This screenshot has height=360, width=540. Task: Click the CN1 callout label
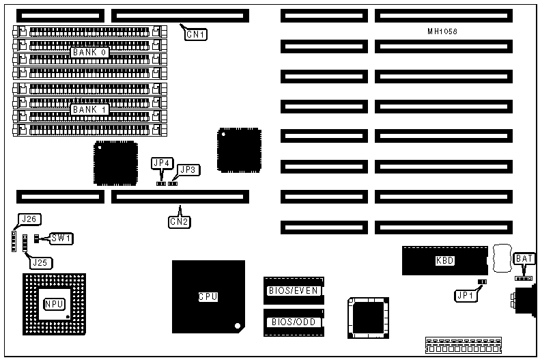pyautogui.click(x=196, y=33)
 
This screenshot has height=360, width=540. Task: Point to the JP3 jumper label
pyautogui.click(x=186, y=170)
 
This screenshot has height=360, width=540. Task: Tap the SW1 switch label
pyautogui.click(x=61, y=238)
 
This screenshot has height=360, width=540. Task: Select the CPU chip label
pyautogui.click(x=208, y=297)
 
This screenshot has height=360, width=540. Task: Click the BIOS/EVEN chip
pyautogui.click(x=294, y=290)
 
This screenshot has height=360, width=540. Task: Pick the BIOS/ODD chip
pyautogui.click(x=294, y=322)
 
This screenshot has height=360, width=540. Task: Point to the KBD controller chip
pyautogui.click(x=444, y=261)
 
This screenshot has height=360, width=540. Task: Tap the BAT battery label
pyautogui.click(x=524, y=258)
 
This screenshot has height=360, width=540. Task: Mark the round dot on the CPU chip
pyautogui.click(x=236, y=326)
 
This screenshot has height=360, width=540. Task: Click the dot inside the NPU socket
pyautogui.click(x=68, y=316)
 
